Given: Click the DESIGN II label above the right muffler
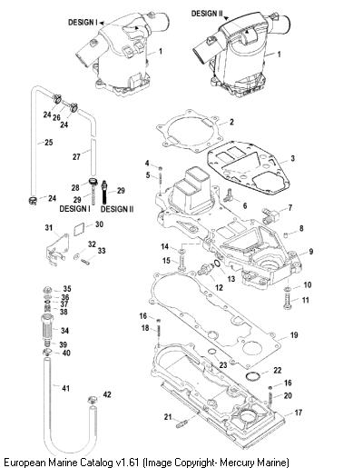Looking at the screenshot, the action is (x=207, y=14).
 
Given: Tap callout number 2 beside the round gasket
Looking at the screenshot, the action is (x=231, y=122).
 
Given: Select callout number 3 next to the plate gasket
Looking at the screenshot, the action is (x=292, y=158).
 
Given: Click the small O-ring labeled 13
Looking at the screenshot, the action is (x=217, y=264).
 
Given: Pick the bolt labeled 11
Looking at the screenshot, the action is (x=288, y=303).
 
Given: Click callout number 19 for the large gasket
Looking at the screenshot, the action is (x=294, y=335).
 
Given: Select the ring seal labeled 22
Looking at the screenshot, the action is (x=253, y=376).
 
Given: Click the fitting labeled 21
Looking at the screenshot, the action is (x=182, y=423).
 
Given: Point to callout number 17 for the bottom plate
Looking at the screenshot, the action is (x=299, y=413).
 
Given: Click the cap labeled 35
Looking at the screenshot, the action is (x=47, y=289).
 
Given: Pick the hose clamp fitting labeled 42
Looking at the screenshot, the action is (x=93, y=400).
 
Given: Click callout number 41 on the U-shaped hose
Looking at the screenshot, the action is (x=66, y=388).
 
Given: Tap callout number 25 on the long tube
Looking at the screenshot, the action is (x=49, y=142).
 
